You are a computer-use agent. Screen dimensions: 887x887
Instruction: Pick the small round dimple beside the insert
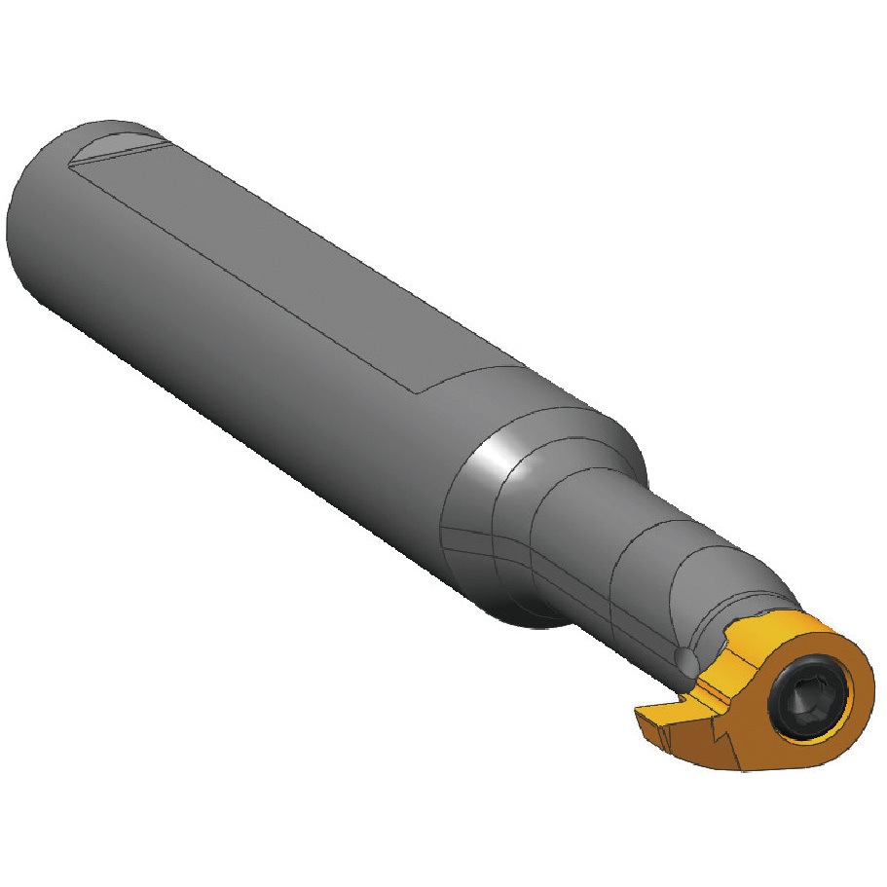(687, 662)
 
